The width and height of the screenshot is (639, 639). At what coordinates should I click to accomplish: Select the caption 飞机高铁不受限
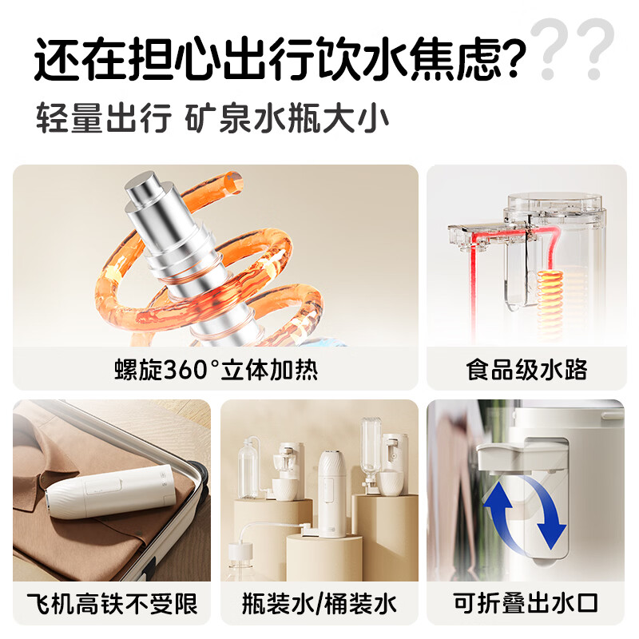pos(112,603)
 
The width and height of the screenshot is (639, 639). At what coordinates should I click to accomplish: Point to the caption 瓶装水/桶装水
pos(319,603)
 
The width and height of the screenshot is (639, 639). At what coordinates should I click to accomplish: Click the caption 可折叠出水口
pos(526,603)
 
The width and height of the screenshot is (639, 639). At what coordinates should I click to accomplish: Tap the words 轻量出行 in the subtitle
pos(104,119)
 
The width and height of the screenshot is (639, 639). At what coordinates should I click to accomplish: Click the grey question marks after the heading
pos(575,50)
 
